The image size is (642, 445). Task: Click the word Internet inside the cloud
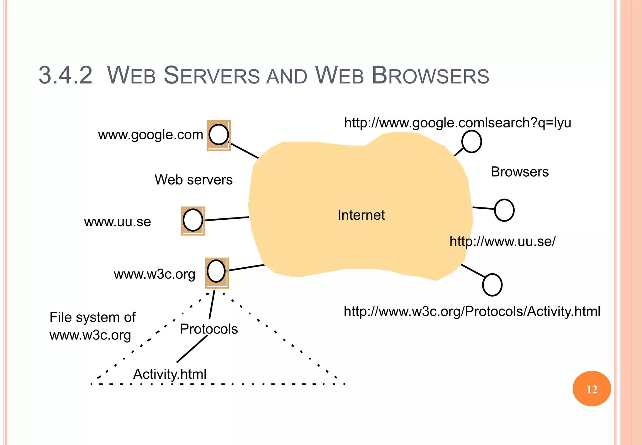coord(361,215)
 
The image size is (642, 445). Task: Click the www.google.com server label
coord(150,135)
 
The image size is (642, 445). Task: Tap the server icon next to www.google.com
coord(218,135)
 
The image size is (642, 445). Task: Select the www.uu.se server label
coord(118,222)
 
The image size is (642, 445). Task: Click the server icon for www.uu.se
coord(193,221)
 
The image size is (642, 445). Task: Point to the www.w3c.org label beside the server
coord(154,274)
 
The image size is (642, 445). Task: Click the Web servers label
coord(193,180)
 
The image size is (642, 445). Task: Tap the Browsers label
coord(519,172)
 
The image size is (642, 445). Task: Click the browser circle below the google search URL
coord(471,142)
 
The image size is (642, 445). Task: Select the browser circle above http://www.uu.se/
coord(504,210)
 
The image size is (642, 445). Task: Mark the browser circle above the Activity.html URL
coord(492,285)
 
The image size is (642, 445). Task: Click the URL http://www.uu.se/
coord(502,241)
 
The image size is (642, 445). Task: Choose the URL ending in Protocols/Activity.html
coord(472,311)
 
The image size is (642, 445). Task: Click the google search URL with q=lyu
coord(457,123)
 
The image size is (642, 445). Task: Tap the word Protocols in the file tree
coord(209,329)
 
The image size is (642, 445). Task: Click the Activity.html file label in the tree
coord(170,374)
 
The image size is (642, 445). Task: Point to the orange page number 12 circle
coord(592,389)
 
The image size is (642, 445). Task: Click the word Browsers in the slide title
coord(430,75)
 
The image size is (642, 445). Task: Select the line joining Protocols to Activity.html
coord(192,349)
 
